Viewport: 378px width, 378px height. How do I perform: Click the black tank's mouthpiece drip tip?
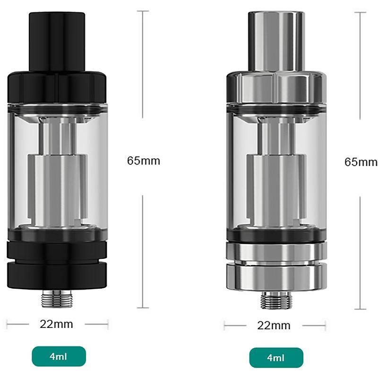57,41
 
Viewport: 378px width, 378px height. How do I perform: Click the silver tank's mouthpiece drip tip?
276,41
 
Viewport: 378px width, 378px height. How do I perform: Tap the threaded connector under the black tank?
57,299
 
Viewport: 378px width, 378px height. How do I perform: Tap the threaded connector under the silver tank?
276,300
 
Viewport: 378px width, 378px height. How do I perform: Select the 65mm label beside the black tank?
144,161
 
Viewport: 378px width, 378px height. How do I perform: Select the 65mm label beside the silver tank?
361,162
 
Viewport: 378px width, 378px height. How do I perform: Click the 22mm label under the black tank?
56,324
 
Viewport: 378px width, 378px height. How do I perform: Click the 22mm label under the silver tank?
274,326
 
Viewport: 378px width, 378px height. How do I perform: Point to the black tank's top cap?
57,87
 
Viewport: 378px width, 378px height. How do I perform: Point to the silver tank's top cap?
276,87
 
